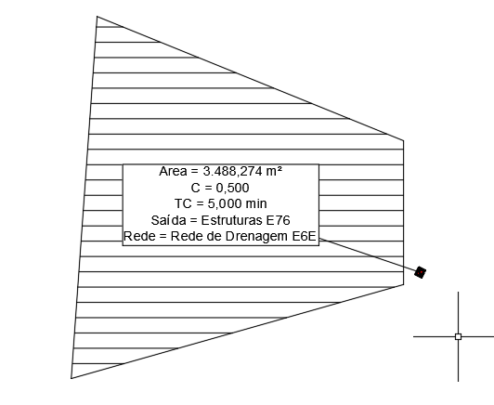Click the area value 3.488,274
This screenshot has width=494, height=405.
pyautogui.click(x=232, y=172)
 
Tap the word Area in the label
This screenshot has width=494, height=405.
pyautogui.click(x=173, y=172)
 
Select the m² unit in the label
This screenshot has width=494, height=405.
pyautogui.click(x=274, y=172)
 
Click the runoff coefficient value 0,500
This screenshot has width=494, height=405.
pyautogui.click(x=232, y=188)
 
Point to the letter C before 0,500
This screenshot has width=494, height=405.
pyautogui.click(x=195, y=188)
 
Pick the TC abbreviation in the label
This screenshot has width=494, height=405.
pyautogui.click(x=183, y=203)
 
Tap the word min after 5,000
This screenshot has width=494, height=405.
pyautogui.click(x=256, y=203)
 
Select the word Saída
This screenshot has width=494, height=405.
pyautogui.click(x=169, y=220)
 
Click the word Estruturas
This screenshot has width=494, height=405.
pyautogui.click(x=231, y=220)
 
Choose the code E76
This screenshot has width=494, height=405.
pyautogui.click(x=278, y=220)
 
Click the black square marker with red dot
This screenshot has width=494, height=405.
pyautogui.click(x=420, y=272)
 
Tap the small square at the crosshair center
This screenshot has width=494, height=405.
pyautogui.click(x=459, y=336)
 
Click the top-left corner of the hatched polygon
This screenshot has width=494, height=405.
pyautogui.click(x=97, y=16)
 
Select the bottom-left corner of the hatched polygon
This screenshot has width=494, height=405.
pyautogui.click(x=71, y=378)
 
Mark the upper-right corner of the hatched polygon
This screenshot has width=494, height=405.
pyautogui.click(x=404, y=140)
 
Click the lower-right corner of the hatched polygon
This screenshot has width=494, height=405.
pyautogui.click(x=404, y=284)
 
